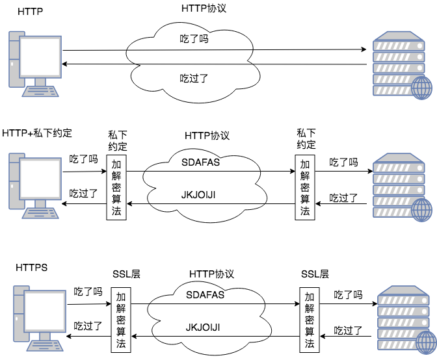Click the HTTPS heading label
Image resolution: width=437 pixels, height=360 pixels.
click(32, 267)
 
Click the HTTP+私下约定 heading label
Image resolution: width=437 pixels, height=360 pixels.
click(36, 133)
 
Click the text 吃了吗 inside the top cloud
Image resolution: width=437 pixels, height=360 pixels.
click(194, 39)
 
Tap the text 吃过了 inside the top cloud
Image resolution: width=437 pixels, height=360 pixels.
click(194, 79)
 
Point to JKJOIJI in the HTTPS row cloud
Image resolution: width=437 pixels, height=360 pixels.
click(205, 327)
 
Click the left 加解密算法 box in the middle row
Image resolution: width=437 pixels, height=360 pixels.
click(116, 187)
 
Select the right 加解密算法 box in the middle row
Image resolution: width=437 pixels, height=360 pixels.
click(305, 187)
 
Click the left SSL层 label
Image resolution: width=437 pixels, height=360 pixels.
click(127, 274)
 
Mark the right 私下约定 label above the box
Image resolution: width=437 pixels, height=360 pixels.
click(306, 138)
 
